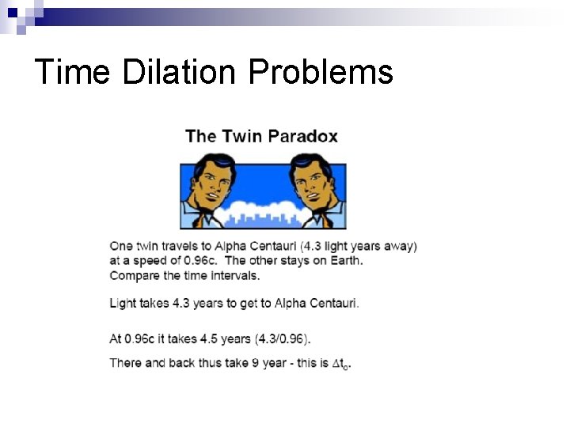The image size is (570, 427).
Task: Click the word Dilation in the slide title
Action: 180,72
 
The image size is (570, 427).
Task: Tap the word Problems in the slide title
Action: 321,72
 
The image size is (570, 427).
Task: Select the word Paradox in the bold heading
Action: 303,136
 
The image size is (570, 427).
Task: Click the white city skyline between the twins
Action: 261,214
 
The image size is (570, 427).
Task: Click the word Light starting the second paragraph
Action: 123,303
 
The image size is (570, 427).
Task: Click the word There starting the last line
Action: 127,363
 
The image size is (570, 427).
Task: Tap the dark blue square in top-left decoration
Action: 12,12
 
